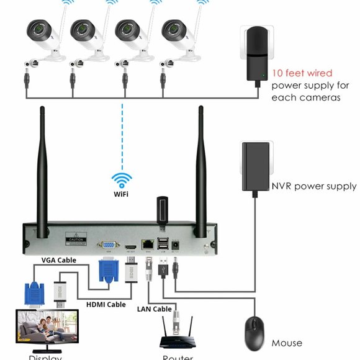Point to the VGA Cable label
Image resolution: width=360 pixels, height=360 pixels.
58,260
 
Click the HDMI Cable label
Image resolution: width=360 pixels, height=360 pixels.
106,304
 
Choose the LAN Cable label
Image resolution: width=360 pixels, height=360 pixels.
153,308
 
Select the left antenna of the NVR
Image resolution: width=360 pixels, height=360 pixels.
43,168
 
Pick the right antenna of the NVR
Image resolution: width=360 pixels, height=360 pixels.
201,168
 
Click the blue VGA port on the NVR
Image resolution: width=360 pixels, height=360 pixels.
108,245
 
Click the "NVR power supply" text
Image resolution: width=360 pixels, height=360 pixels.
313,186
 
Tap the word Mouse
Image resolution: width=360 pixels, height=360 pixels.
287,343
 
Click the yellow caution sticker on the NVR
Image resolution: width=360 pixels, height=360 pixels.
76,239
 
